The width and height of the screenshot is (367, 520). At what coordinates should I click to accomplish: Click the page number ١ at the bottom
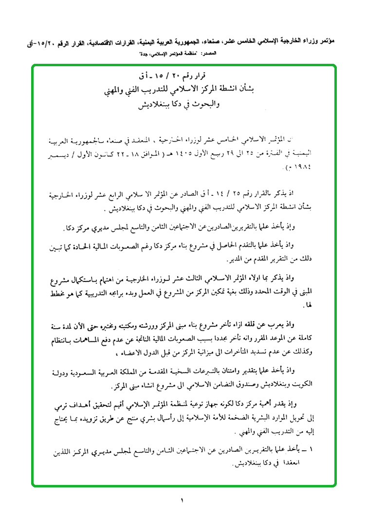[183, 500]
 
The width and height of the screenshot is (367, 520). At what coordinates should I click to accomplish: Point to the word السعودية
[99, 371]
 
